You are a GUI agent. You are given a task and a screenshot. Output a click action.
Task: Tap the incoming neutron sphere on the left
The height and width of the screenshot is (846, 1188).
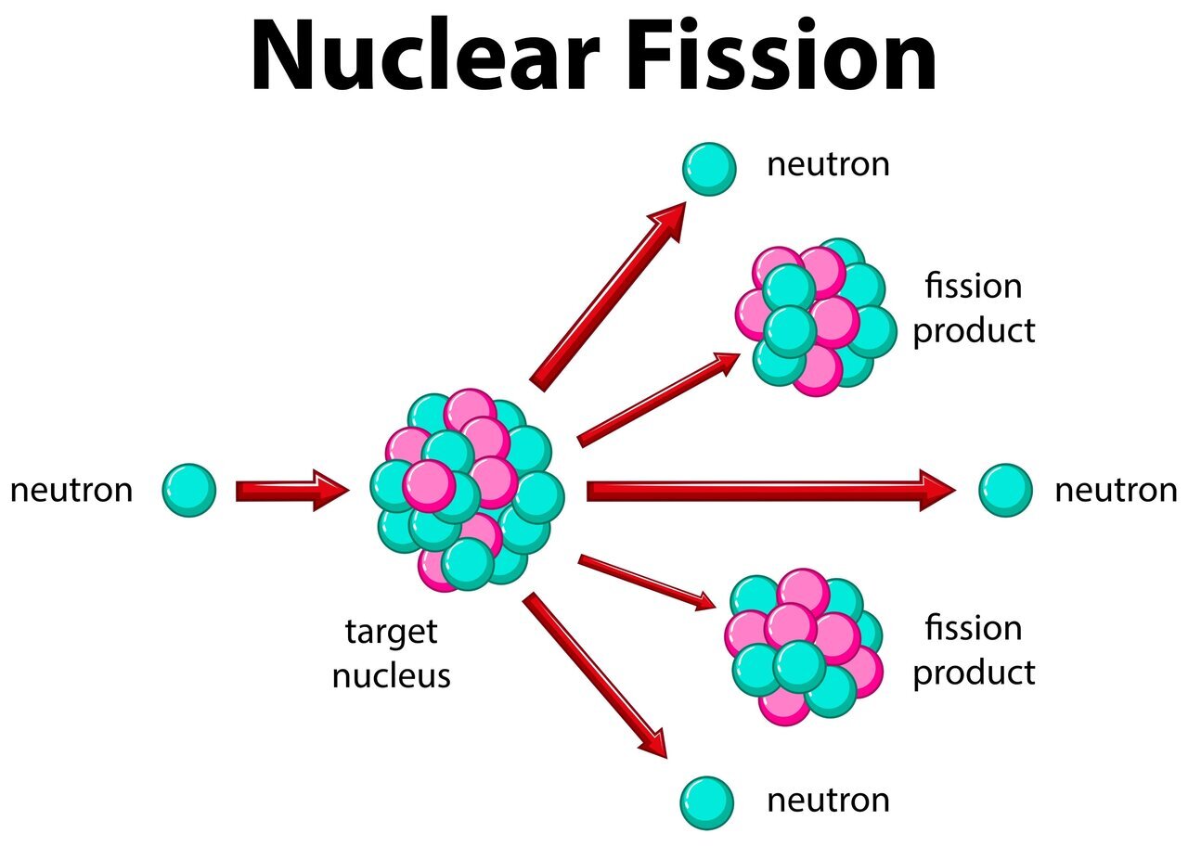(189, 490)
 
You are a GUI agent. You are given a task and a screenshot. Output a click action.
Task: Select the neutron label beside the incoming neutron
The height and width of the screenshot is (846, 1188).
(71, 490)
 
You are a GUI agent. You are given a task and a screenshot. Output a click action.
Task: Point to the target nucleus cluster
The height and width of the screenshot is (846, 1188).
(468, 490)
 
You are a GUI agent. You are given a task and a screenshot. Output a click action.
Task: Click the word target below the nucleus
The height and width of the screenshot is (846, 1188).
(391, 633)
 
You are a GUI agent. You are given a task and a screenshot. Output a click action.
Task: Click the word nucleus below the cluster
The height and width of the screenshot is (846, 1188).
(391, 675)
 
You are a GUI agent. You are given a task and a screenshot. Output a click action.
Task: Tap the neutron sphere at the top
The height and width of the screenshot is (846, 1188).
(709, 169)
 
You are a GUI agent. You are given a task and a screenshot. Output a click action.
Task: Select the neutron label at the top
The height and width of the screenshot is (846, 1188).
(828, 165)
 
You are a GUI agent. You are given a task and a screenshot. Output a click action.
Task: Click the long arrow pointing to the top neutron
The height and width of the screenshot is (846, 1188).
(608, 294)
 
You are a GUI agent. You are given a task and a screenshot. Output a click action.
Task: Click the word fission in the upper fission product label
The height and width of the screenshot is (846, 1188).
(973, 286)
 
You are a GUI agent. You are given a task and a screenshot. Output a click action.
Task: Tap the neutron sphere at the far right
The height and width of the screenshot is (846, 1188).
(1005, 490)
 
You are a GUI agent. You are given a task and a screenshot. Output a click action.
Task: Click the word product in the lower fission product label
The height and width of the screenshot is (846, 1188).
(974, 673)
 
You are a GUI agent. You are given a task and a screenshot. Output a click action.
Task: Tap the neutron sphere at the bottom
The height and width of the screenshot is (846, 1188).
(707, 802)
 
